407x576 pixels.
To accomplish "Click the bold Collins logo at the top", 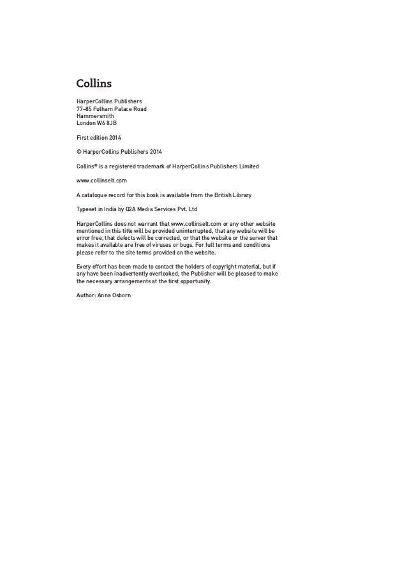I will point(94,84).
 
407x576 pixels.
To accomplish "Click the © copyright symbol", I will point(79,152).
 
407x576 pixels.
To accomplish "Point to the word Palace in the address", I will point(131,108).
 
